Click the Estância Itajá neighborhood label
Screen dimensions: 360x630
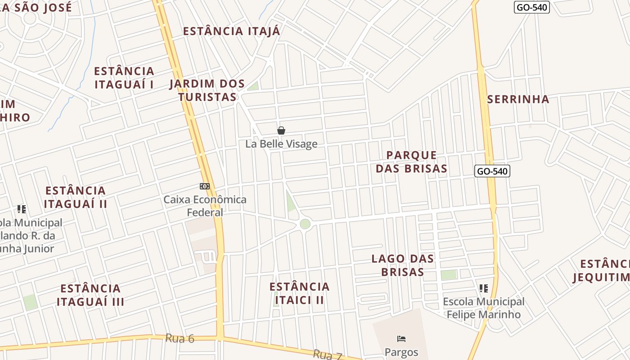[231, 31]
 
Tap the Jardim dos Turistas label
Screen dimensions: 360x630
[207, 90]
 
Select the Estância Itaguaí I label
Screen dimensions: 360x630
[124, 77]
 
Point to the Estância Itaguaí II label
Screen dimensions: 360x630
[76, 197]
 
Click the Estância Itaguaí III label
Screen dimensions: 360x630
[90, 295]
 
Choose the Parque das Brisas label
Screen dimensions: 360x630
[411, 162]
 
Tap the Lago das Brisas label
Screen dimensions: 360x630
[403, 265]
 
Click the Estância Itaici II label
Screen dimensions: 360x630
[299, 293]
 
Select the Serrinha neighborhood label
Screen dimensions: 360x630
[518, 99]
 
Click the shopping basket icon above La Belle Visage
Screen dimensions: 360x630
[281, 130]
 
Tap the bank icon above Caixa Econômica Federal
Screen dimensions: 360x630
[205, 186]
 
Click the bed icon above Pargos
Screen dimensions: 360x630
[401, 339]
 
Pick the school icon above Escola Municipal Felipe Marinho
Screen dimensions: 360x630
[484, 288]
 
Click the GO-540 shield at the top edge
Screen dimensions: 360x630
[531, 7]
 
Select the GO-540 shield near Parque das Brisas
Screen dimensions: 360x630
[492, 171]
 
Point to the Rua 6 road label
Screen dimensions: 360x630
[180, 338]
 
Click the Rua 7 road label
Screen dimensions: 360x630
[328, 355]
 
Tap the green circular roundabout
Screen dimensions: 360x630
[305, 224]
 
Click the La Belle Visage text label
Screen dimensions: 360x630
[281, 144]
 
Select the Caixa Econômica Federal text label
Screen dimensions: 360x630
[205, 206]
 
